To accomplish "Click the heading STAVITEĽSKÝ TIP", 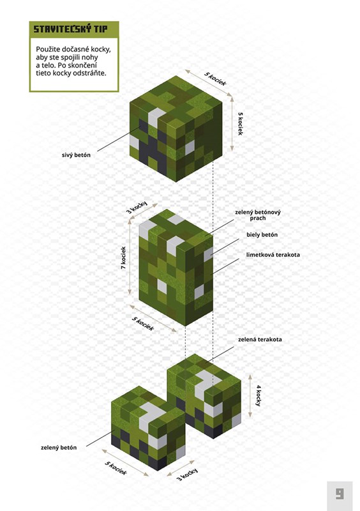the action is [70, 29].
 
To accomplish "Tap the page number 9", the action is [340, 493].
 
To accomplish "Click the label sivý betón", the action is [76, 155].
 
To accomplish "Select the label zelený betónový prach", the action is [258, 215].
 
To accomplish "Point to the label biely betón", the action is [262, 234].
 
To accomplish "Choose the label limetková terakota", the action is [273, 255].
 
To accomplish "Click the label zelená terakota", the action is [260, 340].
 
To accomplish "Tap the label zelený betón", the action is [59, 448].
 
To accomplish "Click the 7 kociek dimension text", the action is [123, 258].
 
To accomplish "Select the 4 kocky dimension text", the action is [259, 395].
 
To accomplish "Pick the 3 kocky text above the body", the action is [137, 208].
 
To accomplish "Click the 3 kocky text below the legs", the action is [187, 475].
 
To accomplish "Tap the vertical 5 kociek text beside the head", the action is [241, 124].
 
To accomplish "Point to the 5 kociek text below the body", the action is [143, 324].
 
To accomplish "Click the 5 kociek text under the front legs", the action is [116, 468].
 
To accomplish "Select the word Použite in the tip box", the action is [47, 50].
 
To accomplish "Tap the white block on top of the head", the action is [156, 117].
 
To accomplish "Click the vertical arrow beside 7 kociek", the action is [130, 257].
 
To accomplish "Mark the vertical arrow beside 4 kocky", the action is [250, 395].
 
